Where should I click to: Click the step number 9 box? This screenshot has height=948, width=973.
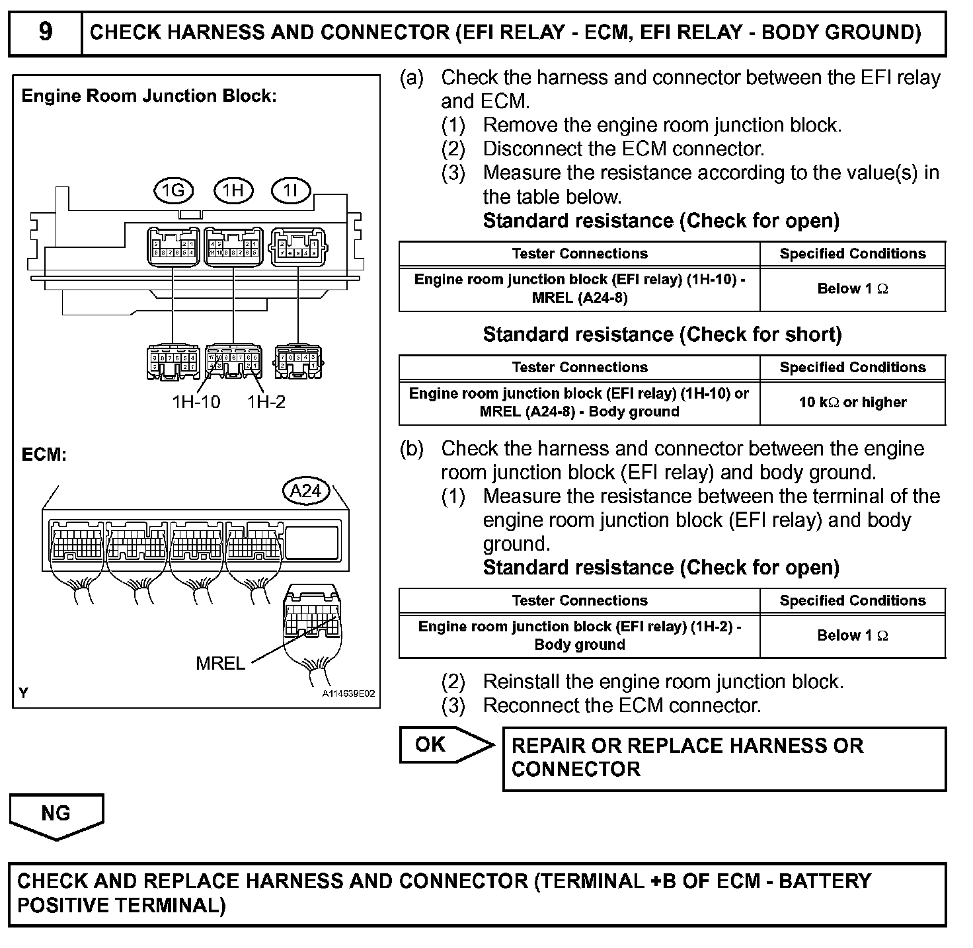pos(45,32)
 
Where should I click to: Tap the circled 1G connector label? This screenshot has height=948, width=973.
pos(173,191)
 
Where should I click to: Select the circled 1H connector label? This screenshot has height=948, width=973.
pos(233,191)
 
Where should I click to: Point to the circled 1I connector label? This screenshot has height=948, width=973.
pos(291,191)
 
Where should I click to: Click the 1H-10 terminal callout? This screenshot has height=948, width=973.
pos(196,401)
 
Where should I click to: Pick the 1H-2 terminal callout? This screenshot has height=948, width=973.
pos(266,401)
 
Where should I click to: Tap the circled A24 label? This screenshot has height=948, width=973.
pos(305,491)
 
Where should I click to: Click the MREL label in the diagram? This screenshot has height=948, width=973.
pos(220,663)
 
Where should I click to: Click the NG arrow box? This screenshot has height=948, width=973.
pos(56,814)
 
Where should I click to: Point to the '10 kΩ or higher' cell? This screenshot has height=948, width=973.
pos(853,402)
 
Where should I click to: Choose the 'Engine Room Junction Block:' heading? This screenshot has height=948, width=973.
pos(149,96)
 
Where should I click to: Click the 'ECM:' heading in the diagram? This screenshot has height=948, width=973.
pos(44,455)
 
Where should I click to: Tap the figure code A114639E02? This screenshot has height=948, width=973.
pos(348,693)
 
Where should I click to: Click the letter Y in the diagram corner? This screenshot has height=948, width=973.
pos(24,693)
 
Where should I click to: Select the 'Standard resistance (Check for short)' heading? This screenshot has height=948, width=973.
pos(662,335)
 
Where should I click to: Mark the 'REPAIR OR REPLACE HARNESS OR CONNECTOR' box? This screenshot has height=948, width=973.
pos(724,758)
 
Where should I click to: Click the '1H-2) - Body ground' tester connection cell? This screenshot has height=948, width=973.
pos(580,635)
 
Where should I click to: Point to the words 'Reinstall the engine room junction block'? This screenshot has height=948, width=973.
pos(663,682)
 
